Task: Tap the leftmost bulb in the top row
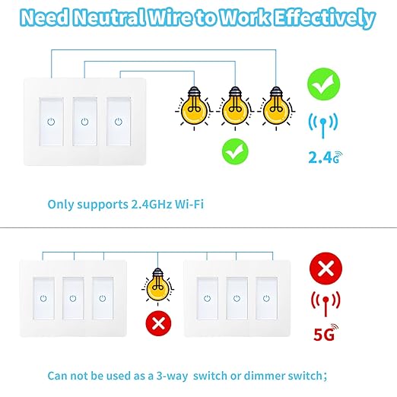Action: pyautogui.click(x=192, y=110)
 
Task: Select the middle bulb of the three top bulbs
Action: pyautogui.click(x=233, y=110)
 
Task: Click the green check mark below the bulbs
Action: pyautogui.click(x=234, y=151)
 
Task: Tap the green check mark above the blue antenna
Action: pyautogui.click(x=324, y=84)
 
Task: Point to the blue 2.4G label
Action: pyautogui.click(x=324, y=158)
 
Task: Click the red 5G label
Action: pyautogui.click(x=326, y=332)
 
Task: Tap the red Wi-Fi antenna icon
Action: pyautogui.click(x=326, y=301)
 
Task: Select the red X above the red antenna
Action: pyautogui.click(x=326, y=267)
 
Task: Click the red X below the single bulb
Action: pyautogui.click(x=158, y=324)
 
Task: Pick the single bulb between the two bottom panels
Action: pyautogui.click(x=158, y=286)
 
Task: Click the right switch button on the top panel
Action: pyautogui.click(x=118, y=121)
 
